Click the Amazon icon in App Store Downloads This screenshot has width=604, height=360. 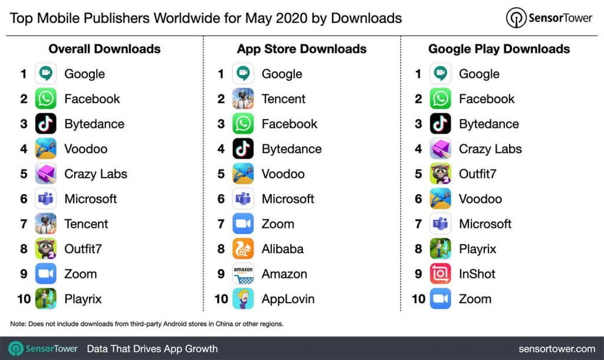click(x=243, y=274)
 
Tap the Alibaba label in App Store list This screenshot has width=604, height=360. click(x=283, y=249)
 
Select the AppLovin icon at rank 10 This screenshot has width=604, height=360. click(x=243, y=299)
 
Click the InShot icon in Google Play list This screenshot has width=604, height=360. click(x=441, y=274)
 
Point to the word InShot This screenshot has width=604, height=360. click(x=477, y=274)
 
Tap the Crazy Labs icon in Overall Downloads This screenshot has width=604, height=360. click(x=45, y=174)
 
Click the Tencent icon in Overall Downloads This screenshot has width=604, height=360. click(x=45, y=224)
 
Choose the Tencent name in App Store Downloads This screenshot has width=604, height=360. click(x=284, y=99)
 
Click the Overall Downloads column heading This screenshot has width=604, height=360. click(x=104, y=49)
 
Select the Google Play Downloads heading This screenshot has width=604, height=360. click(x=499, y=49)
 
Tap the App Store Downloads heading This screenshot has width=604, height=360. click(x=301, y=49)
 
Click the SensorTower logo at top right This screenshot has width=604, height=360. click(x=549, y=18)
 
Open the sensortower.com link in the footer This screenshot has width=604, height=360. click(x=557, y=349)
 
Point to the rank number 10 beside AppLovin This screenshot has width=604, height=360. click(x=221, y=299)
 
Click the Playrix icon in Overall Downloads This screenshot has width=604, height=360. click(x=45, y=299)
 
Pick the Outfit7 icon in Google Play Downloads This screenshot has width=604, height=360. click(x=441, y=174)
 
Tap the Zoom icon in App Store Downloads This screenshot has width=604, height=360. click(x=243, y=224)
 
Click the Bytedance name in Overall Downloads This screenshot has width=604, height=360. click(x=94, y=124)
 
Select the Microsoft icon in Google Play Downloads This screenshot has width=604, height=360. click(x=441, y=224)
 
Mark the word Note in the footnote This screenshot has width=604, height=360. click(x=18, y=324)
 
